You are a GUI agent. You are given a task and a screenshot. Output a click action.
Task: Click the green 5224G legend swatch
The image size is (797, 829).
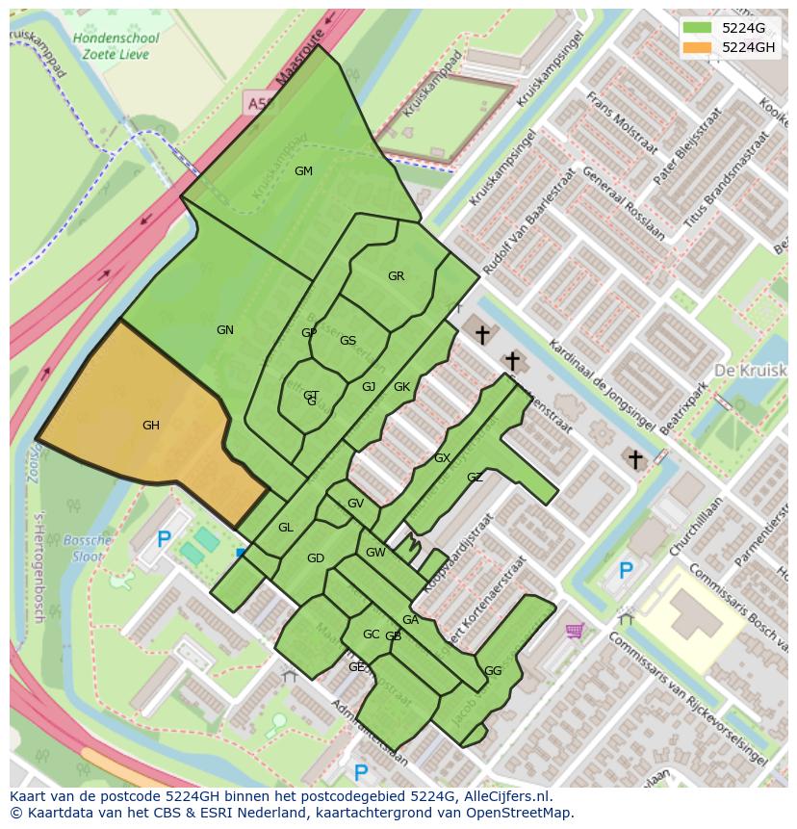pyautogui.click(x=699, y=27)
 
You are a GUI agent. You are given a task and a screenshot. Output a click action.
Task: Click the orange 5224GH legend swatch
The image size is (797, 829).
pyautogui.click(x=699, y=47)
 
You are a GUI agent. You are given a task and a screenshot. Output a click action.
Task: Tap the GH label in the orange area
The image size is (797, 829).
pyautogui.click(x=151, y=426)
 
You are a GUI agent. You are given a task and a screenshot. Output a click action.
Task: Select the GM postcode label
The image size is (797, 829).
pyautogui.click(x=303, y=171)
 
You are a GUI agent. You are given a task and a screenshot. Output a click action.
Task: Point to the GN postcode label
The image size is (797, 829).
pyautogui.click(x=225, y=330)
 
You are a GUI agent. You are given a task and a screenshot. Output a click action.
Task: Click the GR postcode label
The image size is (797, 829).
pyautogui.click(x=396, y=276)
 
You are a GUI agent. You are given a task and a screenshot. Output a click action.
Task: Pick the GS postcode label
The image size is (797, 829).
pyautogui.click(x=347, y=341)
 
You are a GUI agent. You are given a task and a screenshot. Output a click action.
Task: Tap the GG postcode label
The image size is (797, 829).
pyautogui.click(x=493, y=671)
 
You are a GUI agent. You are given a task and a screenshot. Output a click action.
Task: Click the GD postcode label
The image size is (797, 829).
pyautogui.click(x=316, y=558)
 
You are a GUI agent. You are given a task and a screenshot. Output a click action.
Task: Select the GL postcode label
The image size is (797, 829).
pyautogui.click(x=286, y=528)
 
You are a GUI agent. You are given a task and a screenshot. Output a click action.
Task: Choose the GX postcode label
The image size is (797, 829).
pyautogui.click(x=442, y=458)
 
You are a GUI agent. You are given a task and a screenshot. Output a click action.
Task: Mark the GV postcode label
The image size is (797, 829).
pyautogui.click(x=355, y=504)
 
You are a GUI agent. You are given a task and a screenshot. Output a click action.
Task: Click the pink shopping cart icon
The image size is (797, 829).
pyautogui.click(x=575, y=631)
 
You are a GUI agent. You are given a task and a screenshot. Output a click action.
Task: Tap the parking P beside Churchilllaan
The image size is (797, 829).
pyautogui.click(x=625, y=571)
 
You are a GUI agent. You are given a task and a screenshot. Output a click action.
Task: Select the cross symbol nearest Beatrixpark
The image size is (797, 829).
pyautogui.click(x=635, y=459)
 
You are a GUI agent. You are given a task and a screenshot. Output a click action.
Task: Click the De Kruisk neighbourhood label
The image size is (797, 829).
pyautogui.click(x=750, y=371)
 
